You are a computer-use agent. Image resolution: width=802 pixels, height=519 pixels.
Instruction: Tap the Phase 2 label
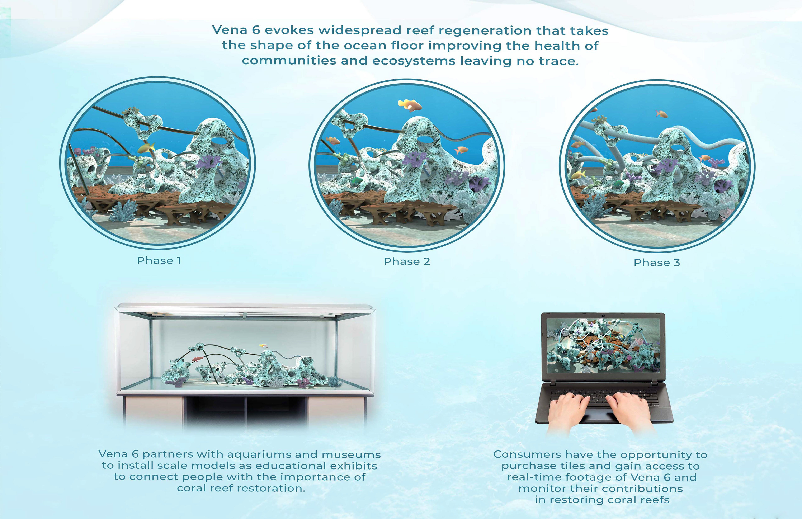click(x=407, y=261)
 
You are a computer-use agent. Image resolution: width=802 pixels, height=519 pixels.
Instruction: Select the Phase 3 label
click(x=657, y=263)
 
